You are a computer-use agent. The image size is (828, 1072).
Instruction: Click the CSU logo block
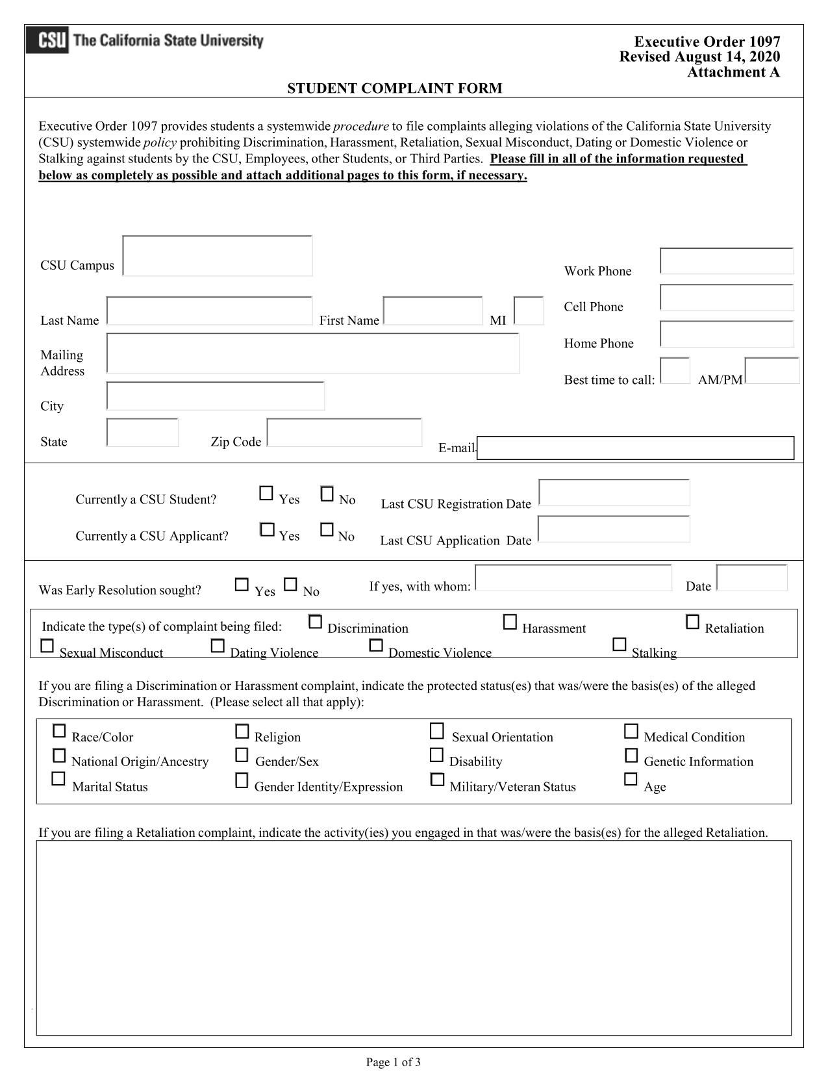point(47,40)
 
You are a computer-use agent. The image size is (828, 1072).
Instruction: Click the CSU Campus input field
point(217,256)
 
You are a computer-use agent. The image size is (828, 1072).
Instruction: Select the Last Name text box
point(209,311)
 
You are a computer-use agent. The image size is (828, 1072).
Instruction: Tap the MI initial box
point(529,311)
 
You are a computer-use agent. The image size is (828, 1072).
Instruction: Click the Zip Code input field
point(344,433)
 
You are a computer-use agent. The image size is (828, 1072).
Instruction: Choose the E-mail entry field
point(635,448)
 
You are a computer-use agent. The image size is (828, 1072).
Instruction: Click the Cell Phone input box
point(727,298)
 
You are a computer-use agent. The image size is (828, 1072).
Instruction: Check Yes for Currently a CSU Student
point(266,494)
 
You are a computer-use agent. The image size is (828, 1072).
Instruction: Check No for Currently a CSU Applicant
point(327,530)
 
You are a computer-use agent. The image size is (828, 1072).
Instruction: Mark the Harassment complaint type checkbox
point(510,622)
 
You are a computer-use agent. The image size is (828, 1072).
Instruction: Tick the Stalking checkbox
point(620,644)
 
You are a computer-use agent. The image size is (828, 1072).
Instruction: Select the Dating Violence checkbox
point(218,646)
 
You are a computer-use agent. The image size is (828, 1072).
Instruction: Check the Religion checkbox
point(242,732)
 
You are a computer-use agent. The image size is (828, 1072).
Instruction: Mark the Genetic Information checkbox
point(631,756)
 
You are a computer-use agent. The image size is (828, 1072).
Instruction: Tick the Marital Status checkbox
point(58,779)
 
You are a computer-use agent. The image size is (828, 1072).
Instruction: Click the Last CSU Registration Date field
point(614,492)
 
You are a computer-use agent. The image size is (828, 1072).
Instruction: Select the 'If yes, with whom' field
point(573,578)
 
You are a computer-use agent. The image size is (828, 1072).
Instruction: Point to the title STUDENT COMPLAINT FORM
point(394,88)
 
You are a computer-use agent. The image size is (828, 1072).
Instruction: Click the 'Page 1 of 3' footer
point(394,1062)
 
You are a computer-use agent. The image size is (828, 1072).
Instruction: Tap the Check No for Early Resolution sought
point(290,585)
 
